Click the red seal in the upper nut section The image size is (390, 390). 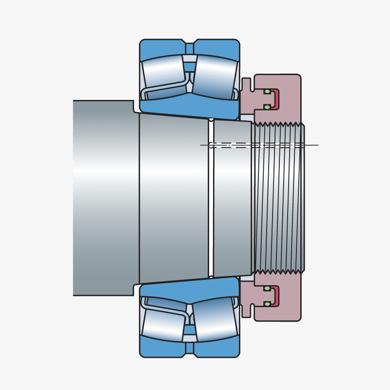point(276,99)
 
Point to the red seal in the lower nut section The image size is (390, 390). point(276,296)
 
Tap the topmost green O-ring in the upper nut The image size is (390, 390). point(267,92)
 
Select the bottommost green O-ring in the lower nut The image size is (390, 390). point(267,304)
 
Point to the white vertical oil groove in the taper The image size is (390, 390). point(211,205)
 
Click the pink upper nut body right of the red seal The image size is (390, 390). point(290,97)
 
